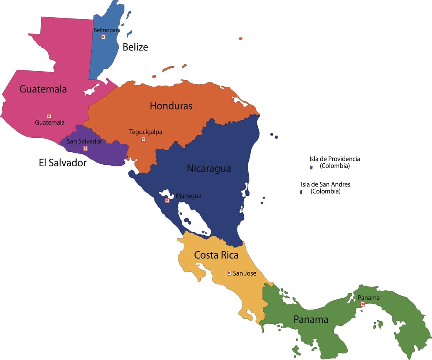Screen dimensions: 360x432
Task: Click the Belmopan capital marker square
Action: tap(103, 37)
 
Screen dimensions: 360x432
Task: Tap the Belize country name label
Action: tap(135, 47)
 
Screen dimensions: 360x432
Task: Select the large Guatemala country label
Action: tap(43, 89)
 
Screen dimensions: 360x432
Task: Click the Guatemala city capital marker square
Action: tap(49, 116)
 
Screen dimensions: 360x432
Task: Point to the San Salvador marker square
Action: tap(85, 148)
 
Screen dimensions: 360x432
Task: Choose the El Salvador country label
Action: tap(63, 163)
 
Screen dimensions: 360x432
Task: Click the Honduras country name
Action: tap(171, 105)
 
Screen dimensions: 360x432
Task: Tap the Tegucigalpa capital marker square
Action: tap(143, 139)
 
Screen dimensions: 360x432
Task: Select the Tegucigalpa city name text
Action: tap(146, 132)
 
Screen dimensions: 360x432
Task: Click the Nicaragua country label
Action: tap(209, 168)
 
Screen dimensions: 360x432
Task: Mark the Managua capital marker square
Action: tap(167, 200)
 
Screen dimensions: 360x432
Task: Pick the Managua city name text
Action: tap(188, 196)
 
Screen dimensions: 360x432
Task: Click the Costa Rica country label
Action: tap(216, 255)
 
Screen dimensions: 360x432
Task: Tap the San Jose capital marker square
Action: tap(229, 273)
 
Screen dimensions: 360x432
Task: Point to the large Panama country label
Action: tap(311, 319)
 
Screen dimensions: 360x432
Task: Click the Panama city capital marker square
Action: tap(362, 304)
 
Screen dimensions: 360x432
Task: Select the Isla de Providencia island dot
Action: tap(311, 167)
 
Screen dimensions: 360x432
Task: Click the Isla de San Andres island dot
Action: tap(301, 192)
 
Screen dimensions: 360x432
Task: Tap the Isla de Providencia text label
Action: tap(335, 159)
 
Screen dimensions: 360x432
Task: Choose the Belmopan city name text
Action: tap(106, 30)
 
